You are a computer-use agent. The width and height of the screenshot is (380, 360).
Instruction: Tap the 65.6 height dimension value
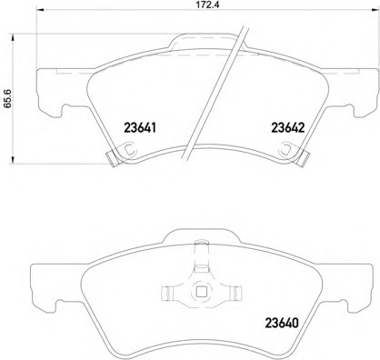[7, 98]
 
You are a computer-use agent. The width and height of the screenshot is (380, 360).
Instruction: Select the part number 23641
[140, 127]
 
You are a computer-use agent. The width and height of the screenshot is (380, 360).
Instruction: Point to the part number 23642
[287, 127]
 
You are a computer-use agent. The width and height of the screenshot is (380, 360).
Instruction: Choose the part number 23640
[282, 323]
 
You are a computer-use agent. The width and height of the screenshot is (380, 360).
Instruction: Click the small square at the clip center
[201, 292]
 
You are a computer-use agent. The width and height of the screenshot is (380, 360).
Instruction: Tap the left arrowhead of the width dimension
[40, 10]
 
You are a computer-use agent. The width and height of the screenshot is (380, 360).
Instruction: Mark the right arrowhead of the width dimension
[375, 10]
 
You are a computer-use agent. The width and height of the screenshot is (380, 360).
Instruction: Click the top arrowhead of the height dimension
[13, 38]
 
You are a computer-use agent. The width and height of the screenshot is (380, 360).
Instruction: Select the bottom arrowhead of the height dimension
[13, 160]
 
